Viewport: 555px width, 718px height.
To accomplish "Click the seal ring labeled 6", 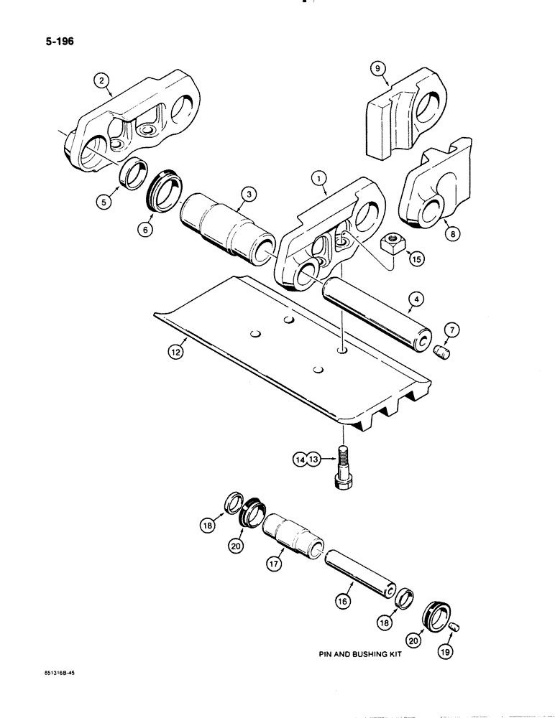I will pos(167,200).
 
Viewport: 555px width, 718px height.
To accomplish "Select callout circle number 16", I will pos(343,601).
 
